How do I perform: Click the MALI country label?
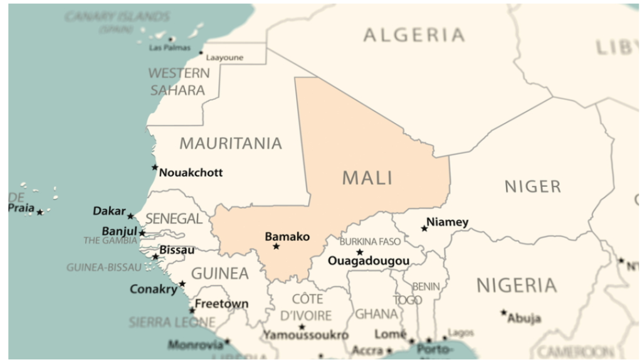pyautogui.click(x=367, y=177)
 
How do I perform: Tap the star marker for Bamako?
pyautogui.click(x=276, y=246)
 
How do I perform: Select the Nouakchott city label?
pyautogui.click(x=191, y=172)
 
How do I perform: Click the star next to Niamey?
pyautogui.click(x=424, y=228)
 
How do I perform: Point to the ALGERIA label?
pyautogui.click(x=414, y=35)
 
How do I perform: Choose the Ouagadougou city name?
pyautogui.click(x=369, y=261)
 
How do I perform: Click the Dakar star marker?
pyautogui.click(x=130, y=216)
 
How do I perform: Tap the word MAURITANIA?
pyautogui.click(x=231, y=144)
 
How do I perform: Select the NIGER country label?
pyautogui.click(x=532, y=186)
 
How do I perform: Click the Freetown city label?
pyautogui.click(x=221, y=304)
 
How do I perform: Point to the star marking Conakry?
pyautogui.click(x=182, y=284)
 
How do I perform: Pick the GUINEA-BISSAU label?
pyautogui.click(x=104, y=267)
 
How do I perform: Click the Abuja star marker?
pyautogui.click(x=503, y=312)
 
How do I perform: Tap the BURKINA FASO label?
pyautogui.click(x=370, y=242)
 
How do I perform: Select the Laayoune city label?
pyautogui.click(x=224, y=58)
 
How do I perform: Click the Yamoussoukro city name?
pyautogui.click(x=305, y=336)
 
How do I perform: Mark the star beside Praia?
pyautogui.click(x=39, y=213)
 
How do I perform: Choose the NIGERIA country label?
pyautogui.click(x=517, y=286)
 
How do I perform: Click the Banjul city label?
pyautogui.click(x=119, y=231)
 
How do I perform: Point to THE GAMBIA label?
pyautogui.click(x=110, y=241)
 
